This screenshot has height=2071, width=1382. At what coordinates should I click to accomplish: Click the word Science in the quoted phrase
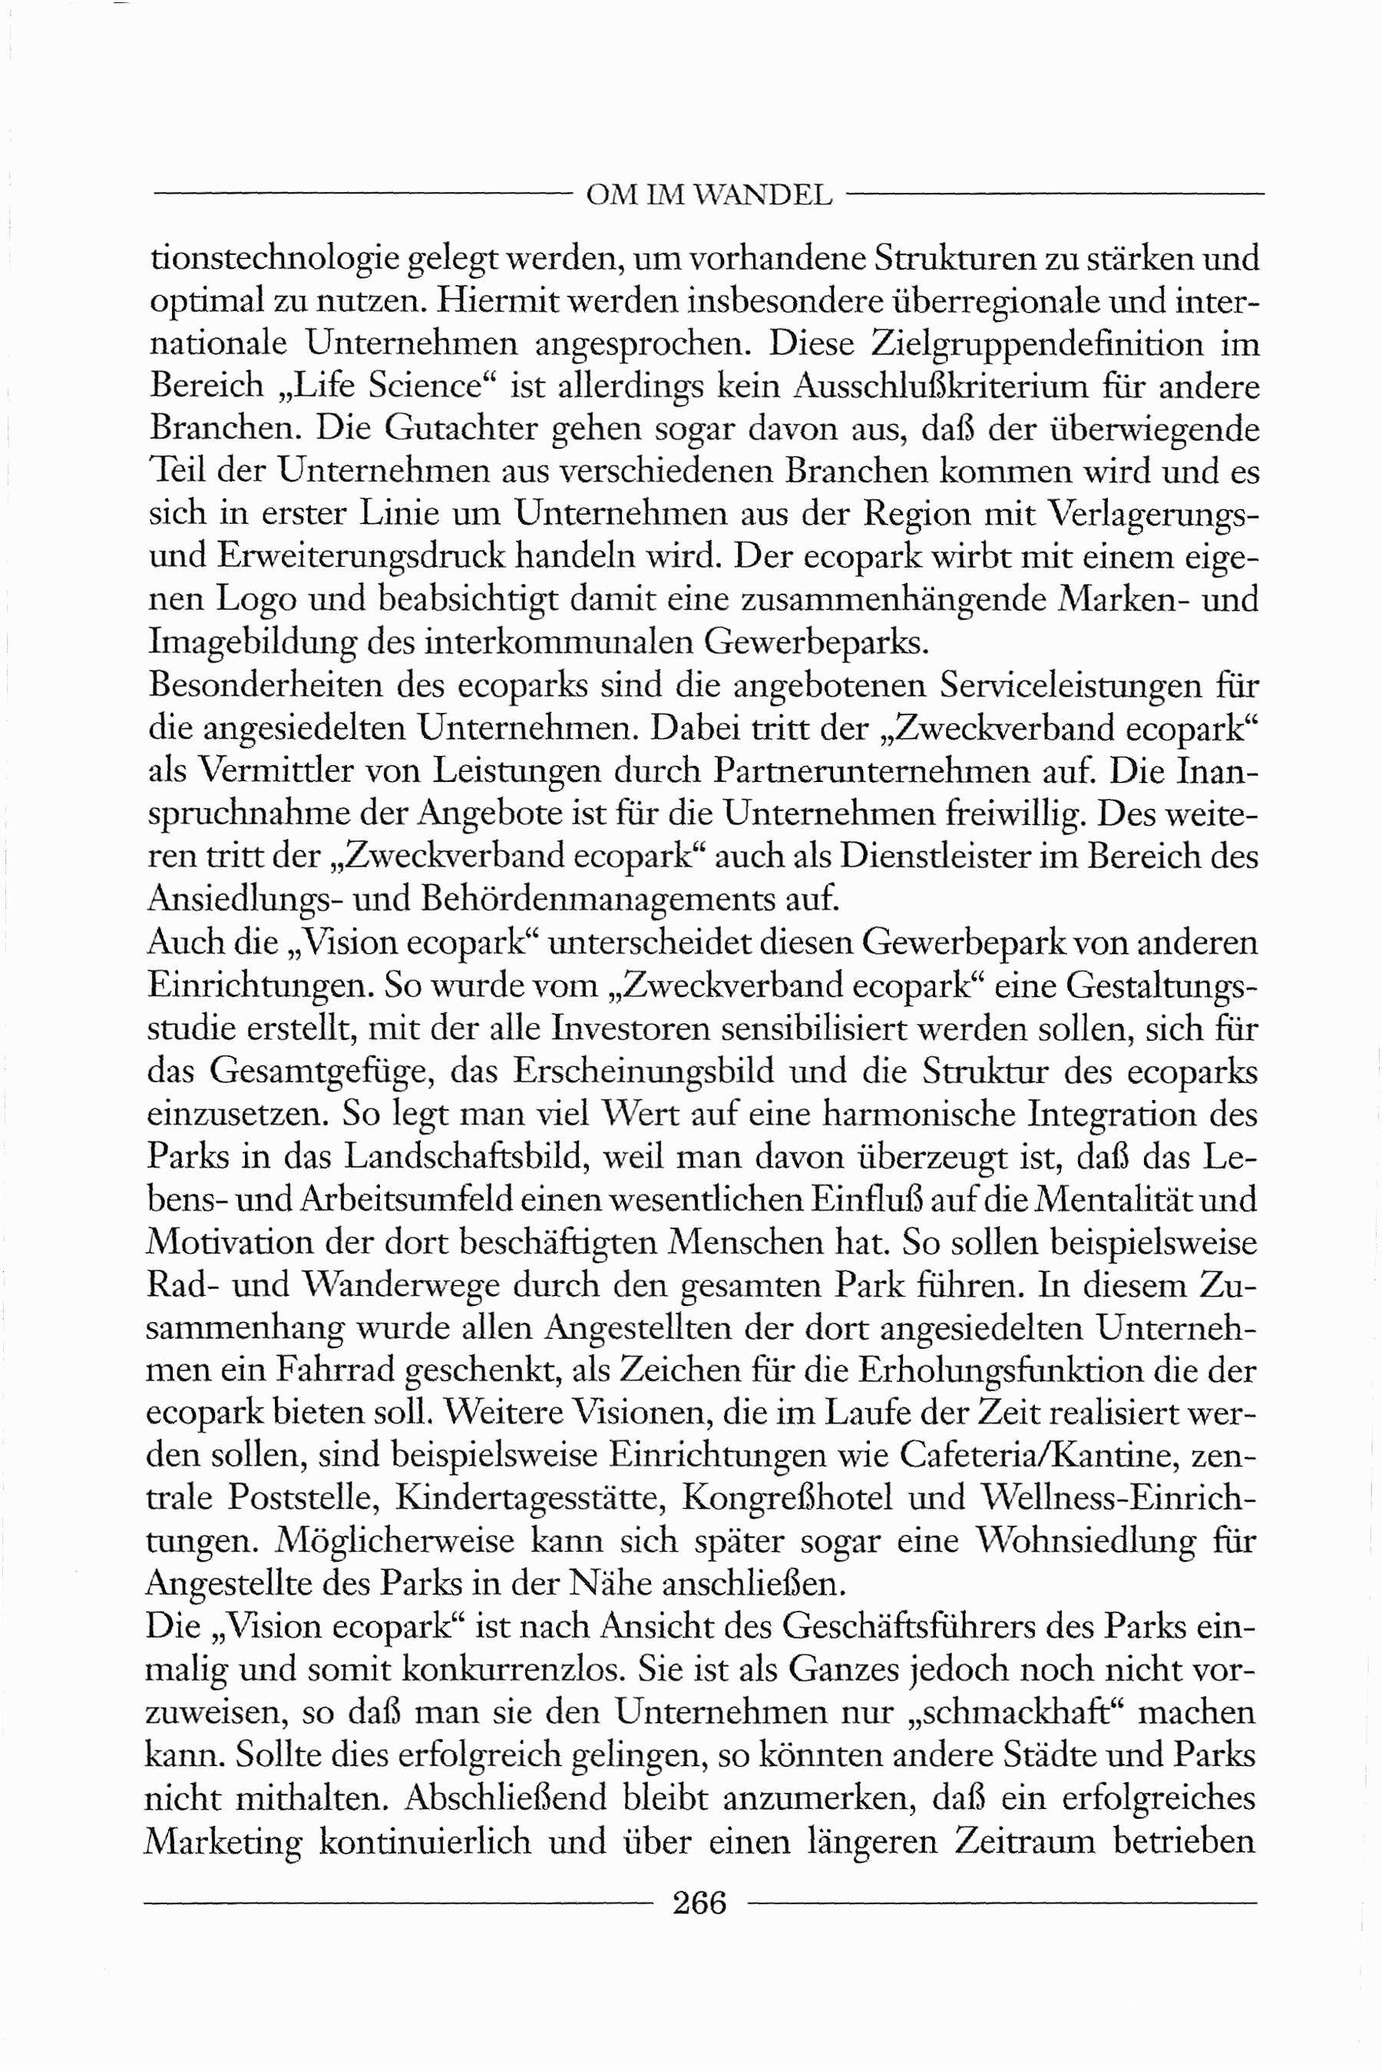tap(425, 386)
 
